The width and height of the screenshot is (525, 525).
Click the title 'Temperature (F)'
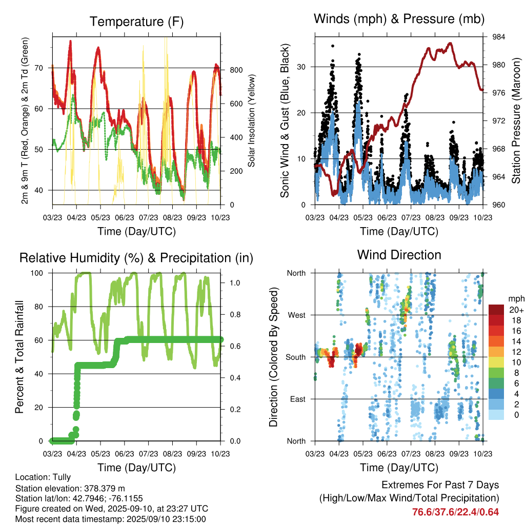click(x=136, y=22)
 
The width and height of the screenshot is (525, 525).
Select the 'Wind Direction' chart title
click(x=399, y=255)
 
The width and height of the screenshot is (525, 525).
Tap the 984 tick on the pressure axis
click(x=499, y=37)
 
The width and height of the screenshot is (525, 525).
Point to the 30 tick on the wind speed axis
click(x=302, y=67)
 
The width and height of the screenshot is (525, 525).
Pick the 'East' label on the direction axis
click(x=297, y=399)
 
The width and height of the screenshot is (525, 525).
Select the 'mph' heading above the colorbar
click(x=515, y=298)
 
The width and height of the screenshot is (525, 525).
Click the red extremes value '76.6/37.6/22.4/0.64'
click(x=455, y=512)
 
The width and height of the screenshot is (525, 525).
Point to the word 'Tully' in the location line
click(x=61, y=477)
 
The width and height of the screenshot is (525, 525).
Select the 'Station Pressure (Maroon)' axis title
click(x=516, y=121)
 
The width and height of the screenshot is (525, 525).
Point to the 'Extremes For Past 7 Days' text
click(x=440, y=485)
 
